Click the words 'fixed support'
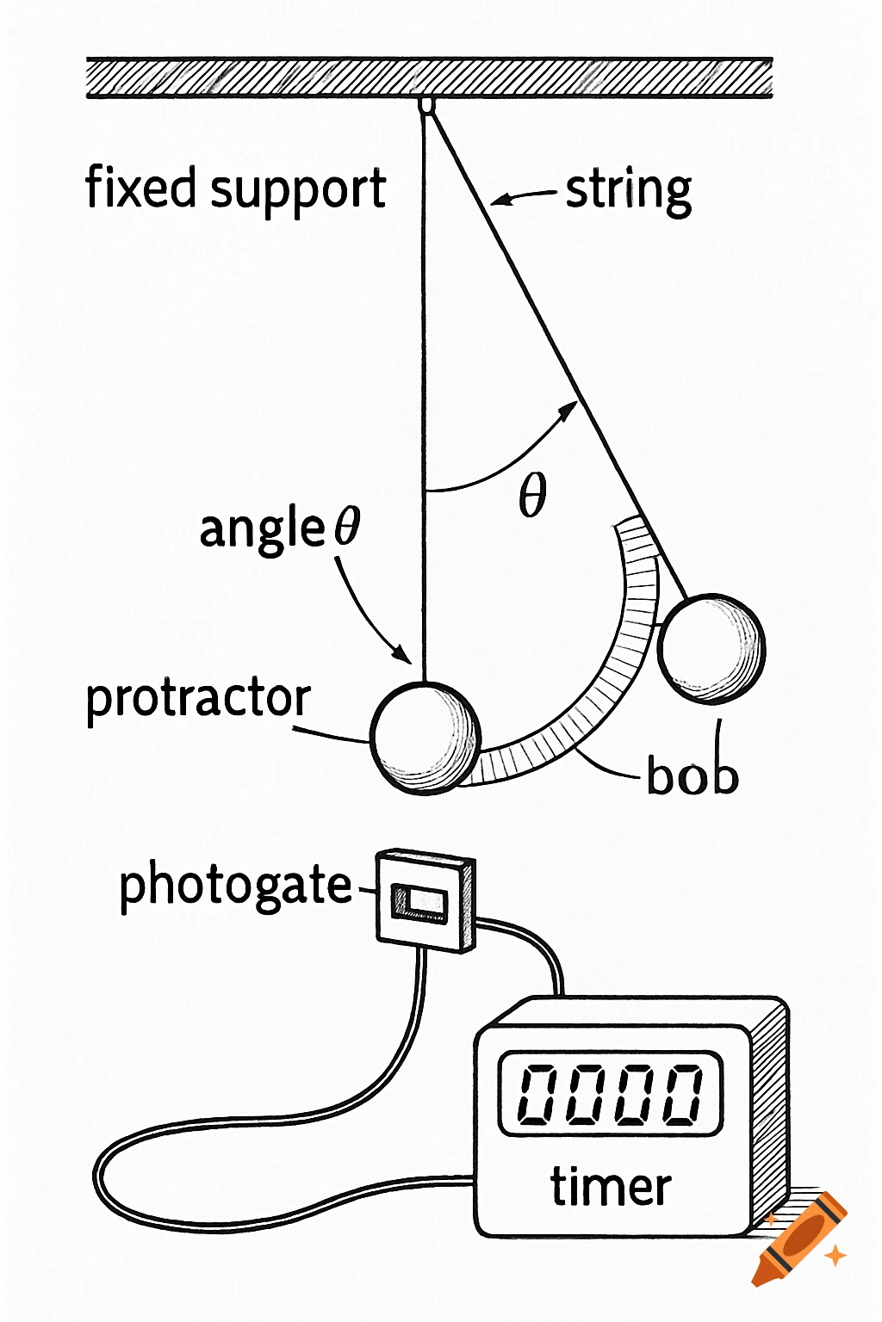(x=234, y=189)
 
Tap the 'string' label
(x=629, y=191)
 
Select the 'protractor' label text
(x=198, y=698)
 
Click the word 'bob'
(x=693, y=775)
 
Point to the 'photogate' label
(x=235, y=886)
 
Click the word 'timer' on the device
(x=611, y=1187)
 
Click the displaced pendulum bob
(x=711, y=648)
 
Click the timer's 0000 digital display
(x=610, y=1093)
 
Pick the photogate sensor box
(x=425, y=900)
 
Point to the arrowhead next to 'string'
(x=499, y=201)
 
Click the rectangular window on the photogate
(x=420, y=902)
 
